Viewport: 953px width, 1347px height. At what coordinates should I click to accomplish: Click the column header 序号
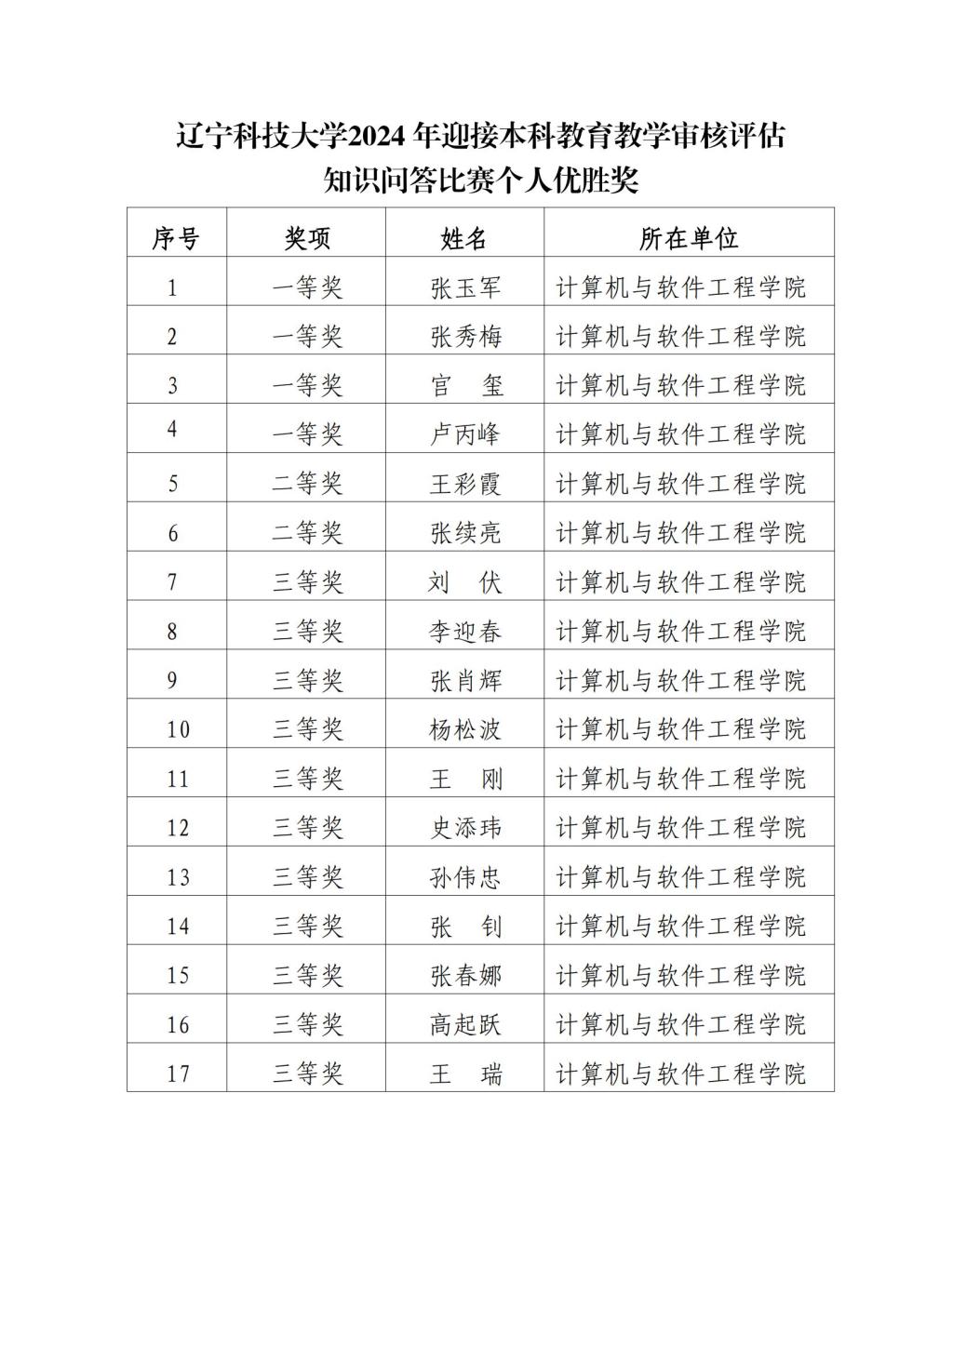(x=176, y=239)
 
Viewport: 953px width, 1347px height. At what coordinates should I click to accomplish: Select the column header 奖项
(x=307, y=239)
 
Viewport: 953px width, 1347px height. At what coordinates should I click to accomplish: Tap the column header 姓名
(x=464, y=239)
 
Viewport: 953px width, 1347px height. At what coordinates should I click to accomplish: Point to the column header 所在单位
(x=689, y=239)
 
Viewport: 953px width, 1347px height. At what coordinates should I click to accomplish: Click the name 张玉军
(x=465, y=287)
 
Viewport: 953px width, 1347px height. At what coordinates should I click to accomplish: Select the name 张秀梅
(x=465, y=337)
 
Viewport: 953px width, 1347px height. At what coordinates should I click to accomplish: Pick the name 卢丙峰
(x=465, y=434)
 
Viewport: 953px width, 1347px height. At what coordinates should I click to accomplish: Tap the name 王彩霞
(x=465, y=484)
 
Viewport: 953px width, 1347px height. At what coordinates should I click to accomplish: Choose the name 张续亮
(x=465, y=533)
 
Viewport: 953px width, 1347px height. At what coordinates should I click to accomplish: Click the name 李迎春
(x=465, y=632)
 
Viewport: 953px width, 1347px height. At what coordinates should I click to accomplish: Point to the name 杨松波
(x=465, y=729)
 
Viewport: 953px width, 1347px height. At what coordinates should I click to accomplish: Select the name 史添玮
(x=465, y=828)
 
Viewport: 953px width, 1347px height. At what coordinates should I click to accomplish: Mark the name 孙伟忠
(x=465, y=877)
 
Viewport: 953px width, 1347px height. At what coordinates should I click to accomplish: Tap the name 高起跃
(x=465, y=1025)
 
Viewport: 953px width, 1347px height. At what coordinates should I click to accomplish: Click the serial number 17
(x=177, y=1074)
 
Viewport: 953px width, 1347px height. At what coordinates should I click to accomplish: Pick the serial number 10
(x=177, y=729)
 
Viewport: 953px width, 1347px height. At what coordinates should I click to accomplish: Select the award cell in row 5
(x=307, y=484)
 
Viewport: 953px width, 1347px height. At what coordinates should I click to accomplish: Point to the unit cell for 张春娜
(x=680, y=976)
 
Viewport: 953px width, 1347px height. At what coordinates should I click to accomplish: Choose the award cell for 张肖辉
(x=307, y=681)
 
